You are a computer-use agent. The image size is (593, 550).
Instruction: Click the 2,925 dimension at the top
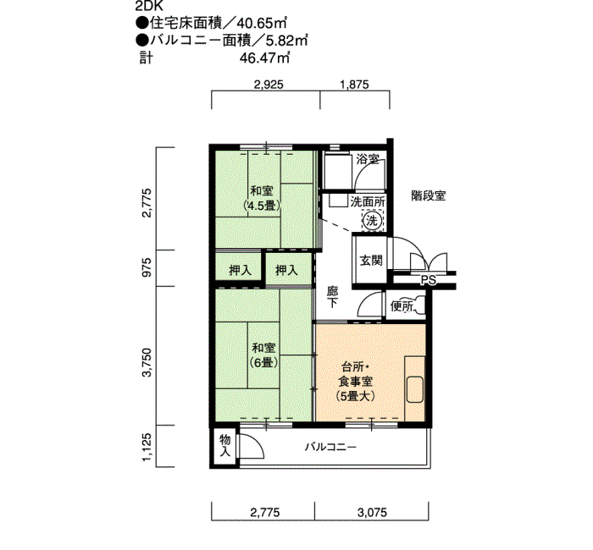click(x=268, y=84)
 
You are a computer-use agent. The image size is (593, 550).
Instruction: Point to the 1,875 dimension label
click(x=354, y=84)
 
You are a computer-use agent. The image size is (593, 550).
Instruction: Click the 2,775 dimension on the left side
click(x=147, y=203)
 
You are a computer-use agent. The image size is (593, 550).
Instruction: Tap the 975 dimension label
click(x=147, y=268)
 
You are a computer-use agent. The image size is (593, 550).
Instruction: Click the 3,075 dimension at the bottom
click(x=373, y=512)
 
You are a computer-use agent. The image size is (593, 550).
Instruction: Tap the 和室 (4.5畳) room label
click(x=262, y=198)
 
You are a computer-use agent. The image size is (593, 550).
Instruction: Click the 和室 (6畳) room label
click(x=263, y=355)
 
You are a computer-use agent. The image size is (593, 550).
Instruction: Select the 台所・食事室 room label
click(x=357, y=381)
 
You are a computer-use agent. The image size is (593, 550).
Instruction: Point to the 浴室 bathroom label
click(x=367, y=159)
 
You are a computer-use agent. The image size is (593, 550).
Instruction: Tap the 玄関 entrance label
click(x=369, y=260)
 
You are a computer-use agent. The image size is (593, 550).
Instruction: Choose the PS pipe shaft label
click(x=428, y=281)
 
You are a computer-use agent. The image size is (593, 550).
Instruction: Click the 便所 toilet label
click(x=402, y=306)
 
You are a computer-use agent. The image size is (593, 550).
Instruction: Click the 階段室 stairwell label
click(x=430, y=195)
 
